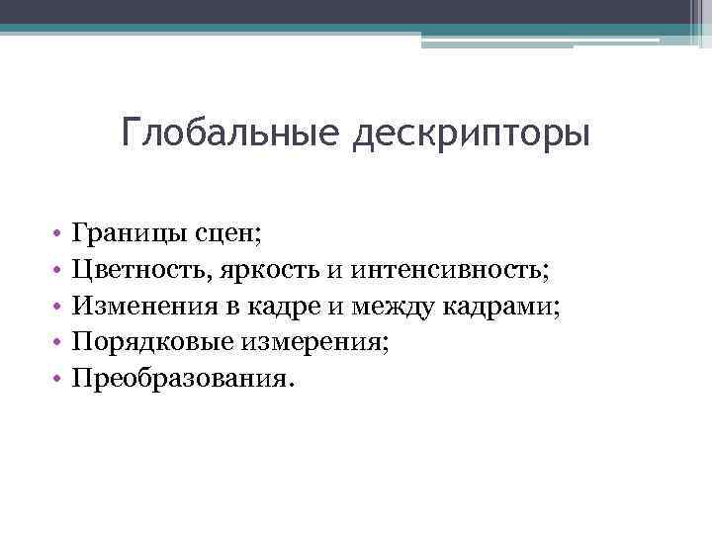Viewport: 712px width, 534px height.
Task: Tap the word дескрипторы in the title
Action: pos(471,133)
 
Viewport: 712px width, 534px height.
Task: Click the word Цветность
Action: pos(139,270)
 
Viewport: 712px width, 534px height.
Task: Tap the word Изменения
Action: pos(137,307)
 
